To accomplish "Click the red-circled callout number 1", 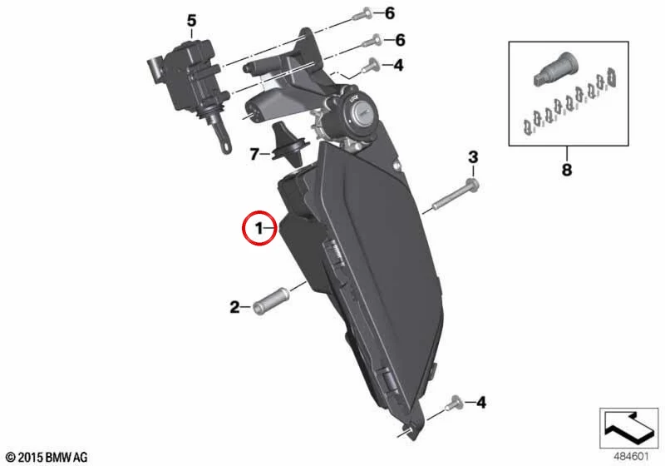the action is tap(259, 229).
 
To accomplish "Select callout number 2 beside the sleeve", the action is tap(234, 307).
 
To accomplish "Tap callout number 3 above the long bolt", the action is tap(473, 157).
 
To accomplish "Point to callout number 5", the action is tap(192, 20).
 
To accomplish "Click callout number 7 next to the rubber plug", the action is tap(254, 154).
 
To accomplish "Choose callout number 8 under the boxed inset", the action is tap(567, 170).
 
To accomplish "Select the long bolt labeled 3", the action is tap(456, 196).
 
